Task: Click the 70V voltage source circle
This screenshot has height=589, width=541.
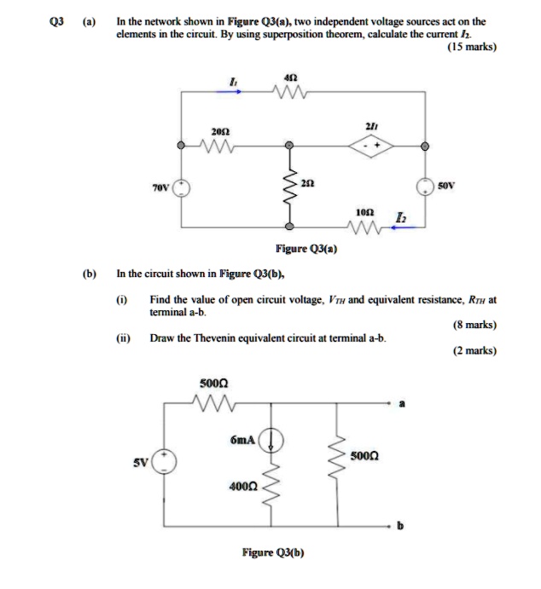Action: point(180,188)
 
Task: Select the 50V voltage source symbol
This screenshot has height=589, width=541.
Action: point(424,188)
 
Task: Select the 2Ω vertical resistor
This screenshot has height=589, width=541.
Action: point(290,188)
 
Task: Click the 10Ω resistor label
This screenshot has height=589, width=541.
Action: point(363,210)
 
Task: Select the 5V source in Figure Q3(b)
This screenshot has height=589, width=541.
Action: point(164,462)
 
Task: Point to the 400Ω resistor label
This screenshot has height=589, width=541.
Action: point(241,486)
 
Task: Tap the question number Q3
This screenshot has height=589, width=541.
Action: point(55,20)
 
